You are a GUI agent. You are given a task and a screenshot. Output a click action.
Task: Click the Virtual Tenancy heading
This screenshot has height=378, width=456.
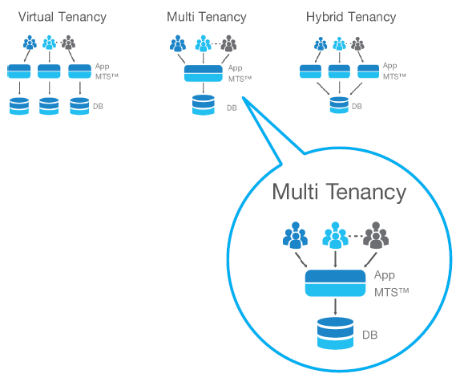click(x=63, y=17)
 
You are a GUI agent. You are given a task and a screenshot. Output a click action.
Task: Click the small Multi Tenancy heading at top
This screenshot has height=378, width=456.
click(x=207, y=17)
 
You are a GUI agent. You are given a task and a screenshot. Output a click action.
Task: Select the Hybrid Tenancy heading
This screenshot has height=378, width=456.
click(x=351, y=17)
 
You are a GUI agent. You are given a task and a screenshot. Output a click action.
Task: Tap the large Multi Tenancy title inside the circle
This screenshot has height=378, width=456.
click(x=339, y=193)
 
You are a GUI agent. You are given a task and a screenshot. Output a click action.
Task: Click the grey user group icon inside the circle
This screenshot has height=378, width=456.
click(x=376, y=235)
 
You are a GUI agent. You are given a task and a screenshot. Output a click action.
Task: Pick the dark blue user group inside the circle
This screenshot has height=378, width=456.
click(x=295, y=235)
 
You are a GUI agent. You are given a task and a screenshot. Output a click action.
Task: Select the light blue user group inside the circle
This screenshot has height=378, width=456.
click(x=335, y=235)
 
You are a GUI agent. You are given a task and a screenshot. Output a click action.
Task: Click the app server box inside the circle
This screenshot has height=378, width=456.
click(x=335, y=283)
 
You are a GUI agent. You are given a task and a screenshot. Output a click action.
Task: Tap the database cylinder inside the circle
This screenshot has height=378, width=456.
click(x=335, y=333)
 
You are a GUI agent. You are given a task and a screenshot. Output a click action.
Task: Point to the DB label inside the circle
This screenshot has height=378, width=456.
click(x=370, y=335)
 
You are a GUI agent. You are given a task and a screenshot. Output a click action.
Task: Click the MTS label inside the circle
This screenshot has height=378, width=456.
click(x=391, y=292)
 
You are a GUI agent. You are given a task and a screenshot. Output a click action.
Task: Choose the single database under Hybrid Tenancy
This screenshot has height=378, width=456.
click(x=339, y=105)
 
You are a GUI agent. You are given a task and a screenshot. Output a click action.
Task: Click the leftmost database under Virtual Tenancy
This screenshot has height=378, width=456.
click(x=19, y=106)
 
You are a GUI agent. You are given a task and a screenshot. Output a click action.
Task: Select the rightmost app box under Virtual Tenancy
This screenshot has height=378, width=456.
click(x=79, y=71)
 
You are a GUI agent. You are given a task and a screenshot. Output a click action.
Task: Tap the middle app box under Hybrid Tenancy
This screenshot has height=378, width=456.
click(x=339, y=71)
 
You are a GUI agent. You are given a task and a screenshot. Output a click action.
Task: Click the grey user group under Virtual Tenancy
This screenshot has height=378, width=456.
click(x=68, y=43)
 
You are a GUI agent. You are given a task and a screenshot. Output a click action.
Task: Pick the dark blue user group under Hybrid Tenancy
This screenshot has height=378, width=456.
click(x=321, y=43)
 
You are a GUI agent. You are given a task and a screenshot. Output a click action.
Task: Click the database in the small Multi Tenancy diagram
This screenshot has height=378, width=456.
click(x=204, y=105)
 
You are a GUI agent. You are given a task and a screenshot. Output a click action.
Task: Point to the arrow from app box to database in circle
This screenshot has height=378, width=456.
click(x=335, y=307)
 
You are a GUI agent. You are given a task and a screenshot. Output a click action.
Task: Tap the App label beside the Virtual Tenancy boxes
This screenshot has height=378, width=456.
click(x=102, y=67)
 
